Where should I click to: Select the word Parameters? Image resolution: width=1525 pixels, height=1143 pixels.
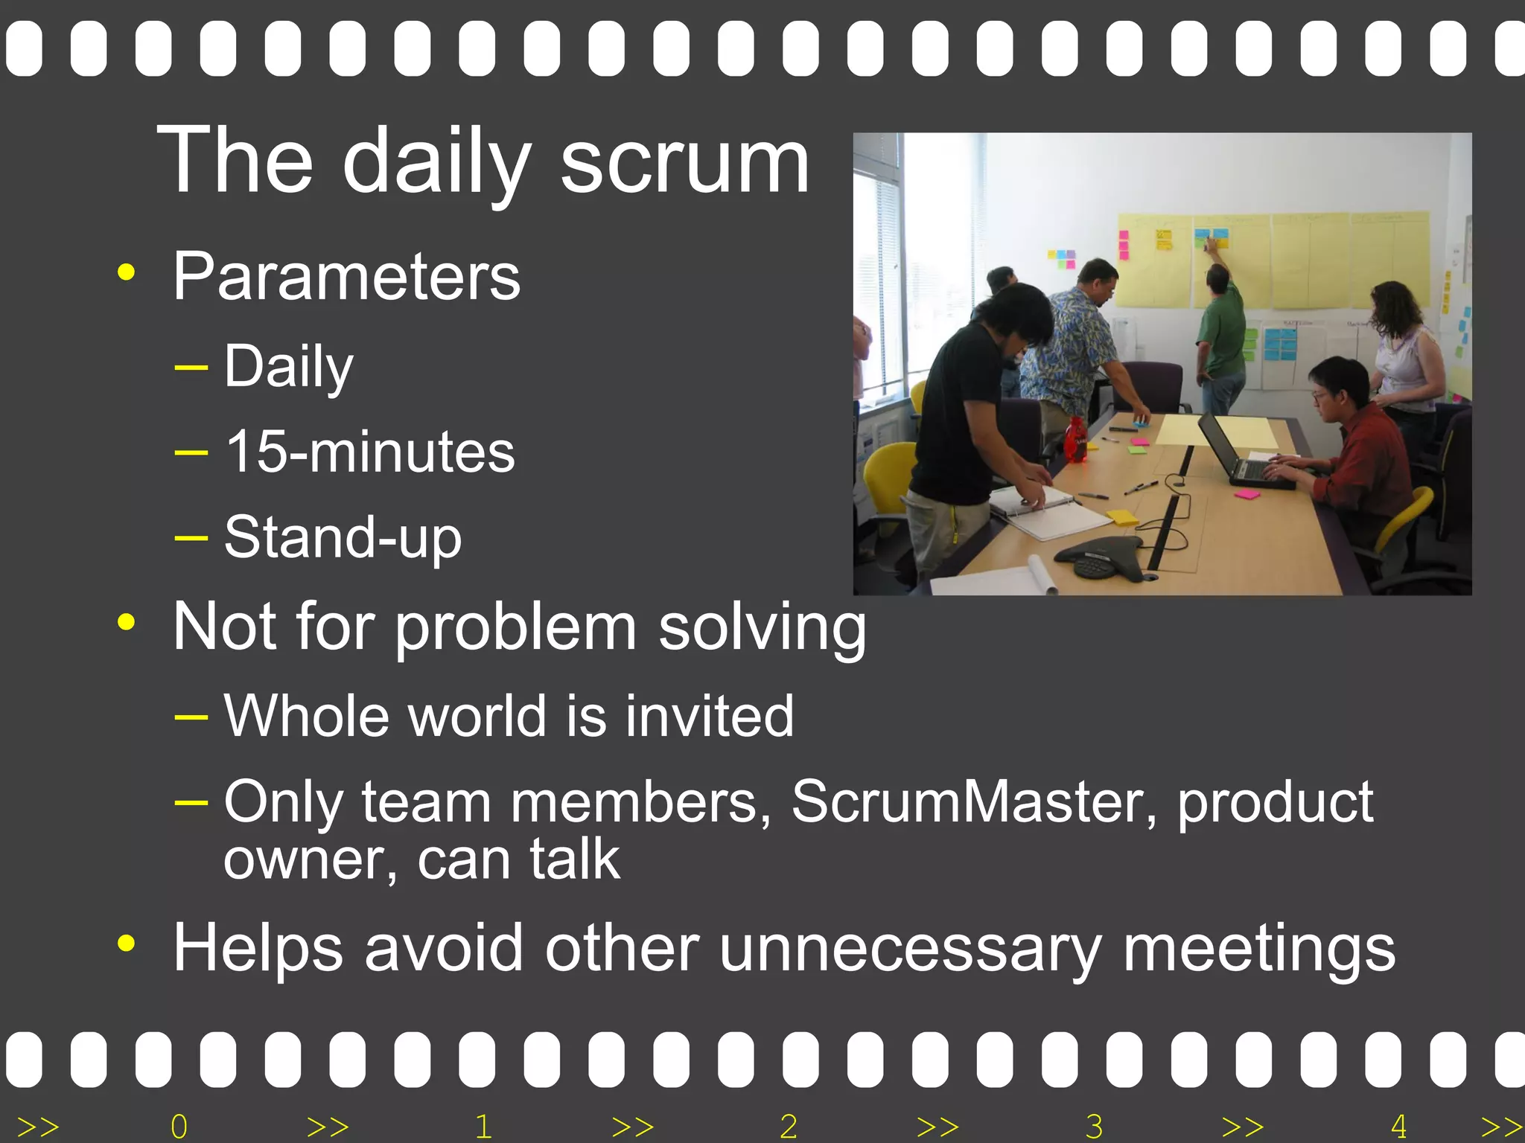pyautogui.click(x=346, y=277)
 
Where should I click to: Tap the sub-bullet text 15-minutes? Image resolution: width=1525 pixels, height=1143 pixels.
pyautogui.click(x=369, y=452)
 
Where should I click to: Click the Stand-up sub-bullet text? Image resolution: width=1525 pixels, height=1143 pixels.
pyautogui.click(x=343, y=537)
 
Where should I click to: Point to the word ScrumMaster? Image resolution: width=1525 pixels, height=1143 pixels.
pyautogui.click(x=974, y=802)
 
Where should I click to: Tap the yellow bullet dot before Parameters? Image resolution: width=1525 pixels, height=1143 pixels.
pyautogui.click(x=127, y=272)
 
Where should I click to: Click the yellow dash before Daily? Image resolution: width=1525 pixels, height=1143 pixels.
pyautogui.click(x=191, y=367)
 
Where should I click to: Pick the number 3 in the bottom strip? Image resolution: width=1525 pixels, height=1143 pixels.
pyautogui.click(x=1094, y=1126)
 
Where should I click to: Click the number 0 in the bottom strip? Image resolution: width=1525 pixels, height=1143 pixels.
pyautogui.click(x=179, y=1126)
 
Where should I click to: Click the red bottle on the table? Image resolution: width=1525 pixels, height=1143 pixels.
pyautogui.click(x=1074, y=441)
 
